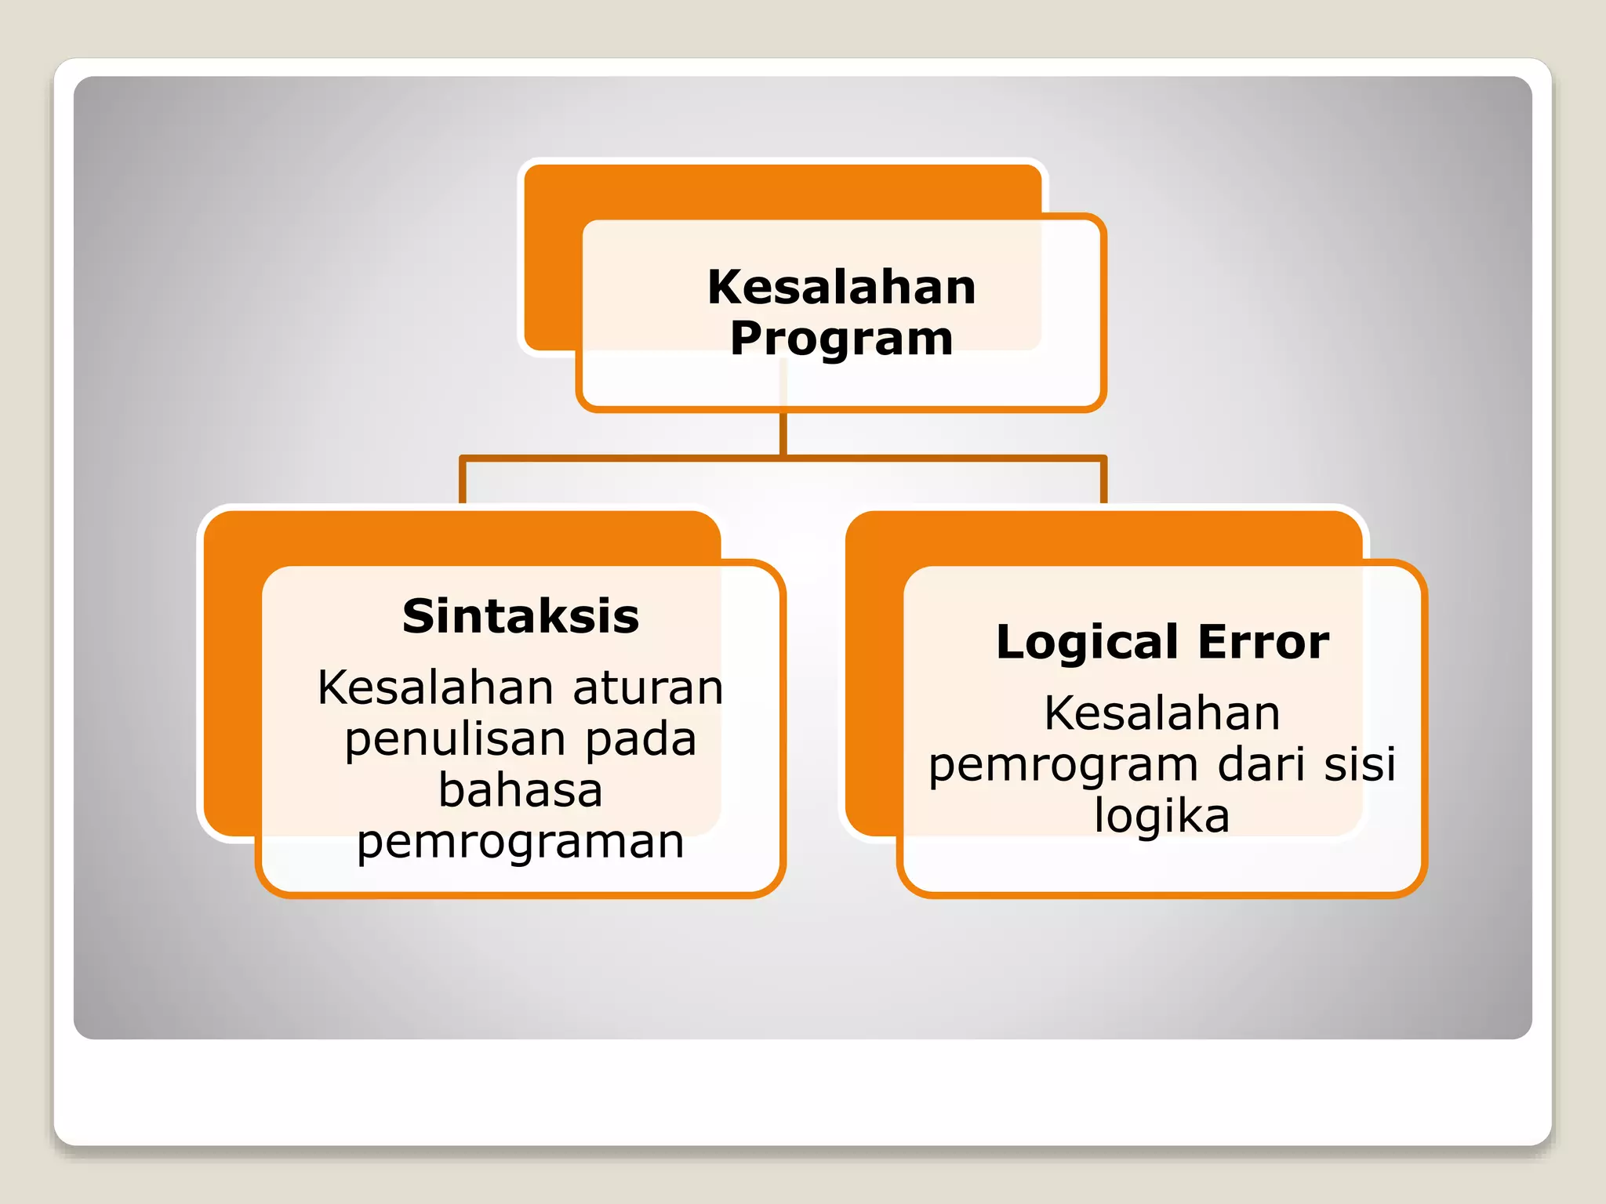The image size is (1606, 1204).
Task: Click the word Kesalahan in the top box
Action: (x=841, y=287)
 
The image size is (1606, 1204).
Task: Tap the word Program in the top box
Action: (x=841, y=339)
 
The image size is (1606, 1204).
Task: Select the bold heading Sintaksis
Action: (x=521, y=616)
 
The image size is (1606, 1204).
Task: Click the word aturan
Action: (x=648, y=688)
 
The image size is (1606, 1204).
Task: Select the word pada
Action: (x=641, y=739)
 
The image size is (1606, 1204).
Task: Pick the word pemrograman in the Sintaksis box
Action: (x=521, y=842)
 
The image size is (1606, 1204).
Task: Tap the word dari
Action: (x=1262, y=764)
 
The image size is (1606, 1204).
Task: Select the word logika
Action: (x=1161, y=816)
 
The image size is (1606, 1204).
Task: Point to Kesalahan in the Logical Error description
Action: (x=1161, y=713)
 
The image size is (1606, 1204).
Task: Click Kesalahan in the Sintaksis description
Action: (x=436, y=688)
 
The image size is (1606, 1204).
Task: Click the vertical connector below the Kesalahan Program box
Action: (x=783, y=433)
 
